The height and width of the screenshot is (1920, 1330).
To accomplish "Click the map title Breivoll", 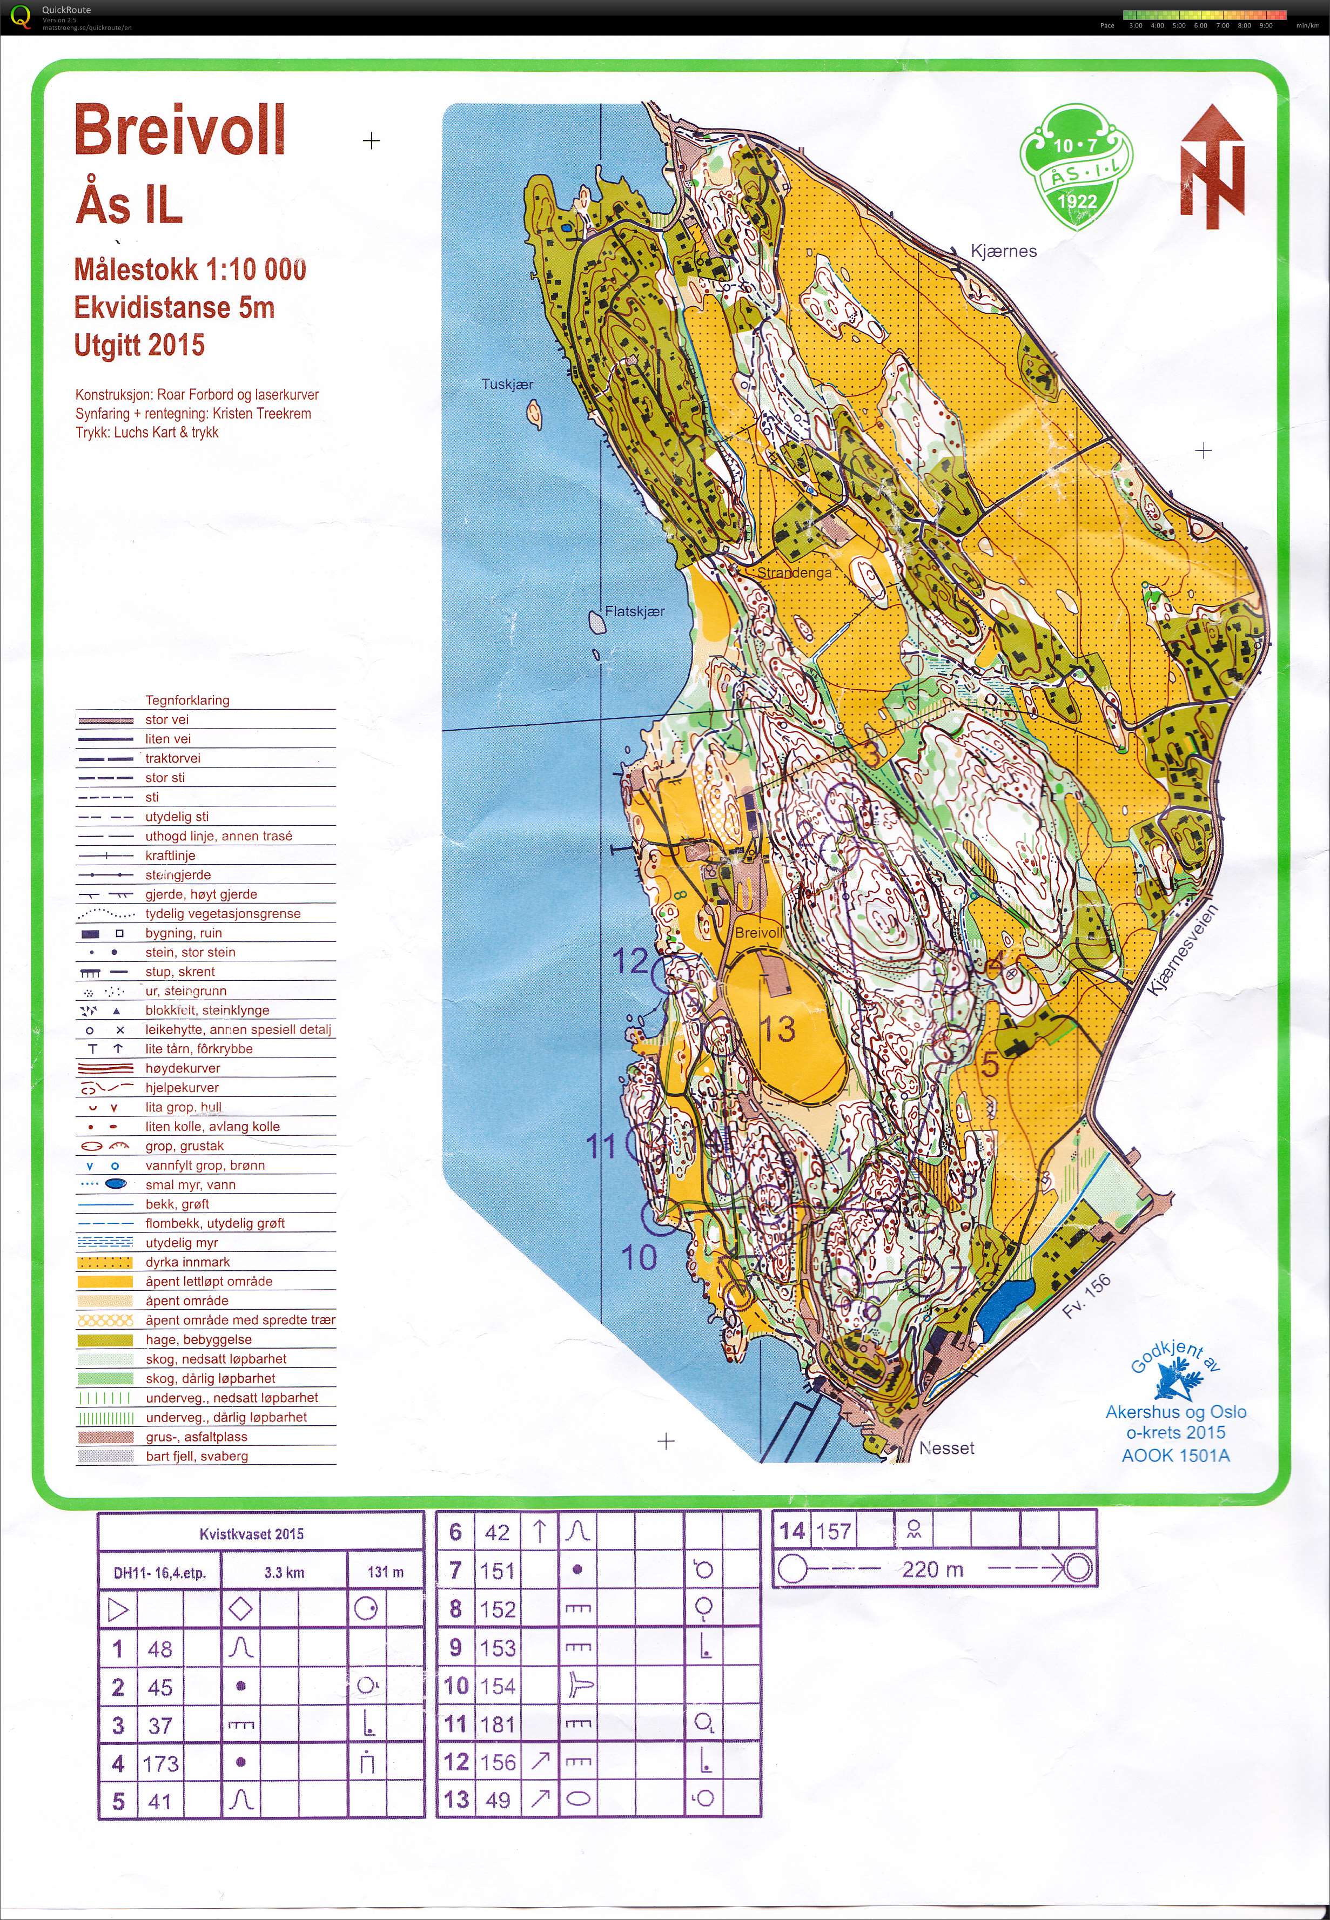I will point(180,131).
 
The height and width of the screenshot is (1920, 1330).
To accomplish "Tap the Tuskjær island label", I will point(507,384).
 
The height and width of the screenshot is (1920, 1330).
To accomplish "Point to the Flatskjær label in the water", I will point(634,611).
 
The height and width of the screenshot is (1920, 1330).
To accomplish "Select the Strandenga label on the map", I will point(794,573).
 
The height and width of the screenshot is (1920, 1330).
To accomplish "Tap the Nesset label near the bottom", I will point(946,1448).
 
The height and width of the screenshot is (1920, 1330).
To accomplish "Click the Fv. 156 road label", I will point(1087,1297).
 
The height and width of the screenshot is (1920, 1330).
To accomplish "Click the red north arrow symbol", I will point(1212,166).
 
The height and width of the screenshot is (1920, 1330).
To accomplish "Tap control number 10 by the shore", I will point(639,1257).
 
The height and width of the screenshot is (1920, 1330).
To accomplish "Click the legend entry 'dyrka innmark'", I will point(187,1262).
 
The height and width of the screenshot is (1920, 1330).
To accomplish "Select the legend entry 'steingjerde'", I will point(178,874).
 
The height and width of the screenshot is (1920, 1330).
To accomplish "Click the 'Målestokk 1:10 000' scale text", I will point(190,270).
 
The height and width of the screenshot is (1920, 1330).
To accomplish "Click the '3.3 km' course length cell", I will point(284,1573).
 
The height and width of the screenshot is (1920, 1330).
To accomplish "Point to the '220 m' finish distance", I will point(932,1569).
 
